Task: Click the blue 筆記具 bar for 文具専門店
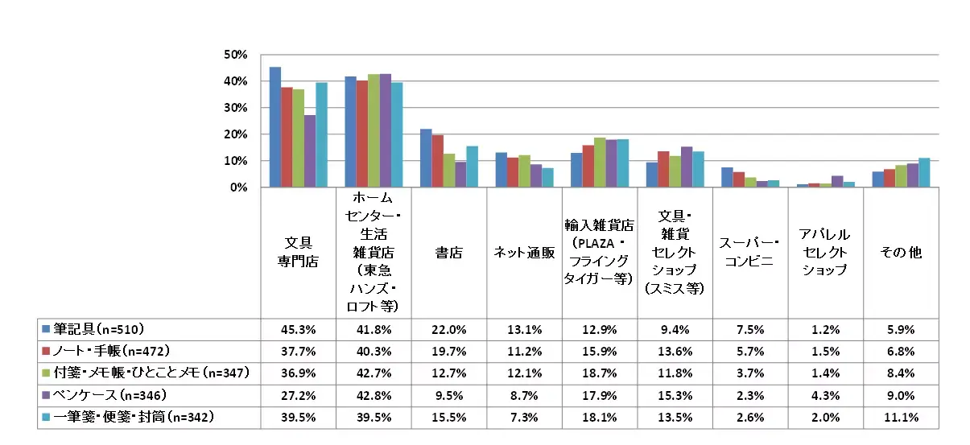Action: tap(275, 127)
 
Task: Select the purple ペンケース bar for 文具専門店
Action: tap(310, 151)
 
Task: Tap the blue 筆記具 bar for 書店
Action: tap(426, 158)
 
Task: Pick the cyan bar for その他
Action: tap(924, 172)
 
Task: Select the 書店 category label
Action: tap(449, 252)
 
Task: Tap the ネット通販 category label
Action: tap(524, 252)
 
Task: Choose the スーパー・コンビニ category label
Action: tap(750, 252)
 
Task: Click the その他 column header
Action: tap(901, 252)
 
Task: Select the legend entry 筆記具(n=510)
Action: tap(97, 329)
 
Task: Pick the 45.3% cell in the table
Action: tap(298, 329)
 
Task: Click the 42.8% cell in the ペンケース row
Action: tap(374, 396)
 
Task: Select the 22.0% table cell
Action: tap(449, 329)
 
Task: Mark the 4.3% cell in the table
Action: tap(825, 396)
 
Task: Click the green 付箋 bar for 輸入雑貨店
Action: tap(599, 163)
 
